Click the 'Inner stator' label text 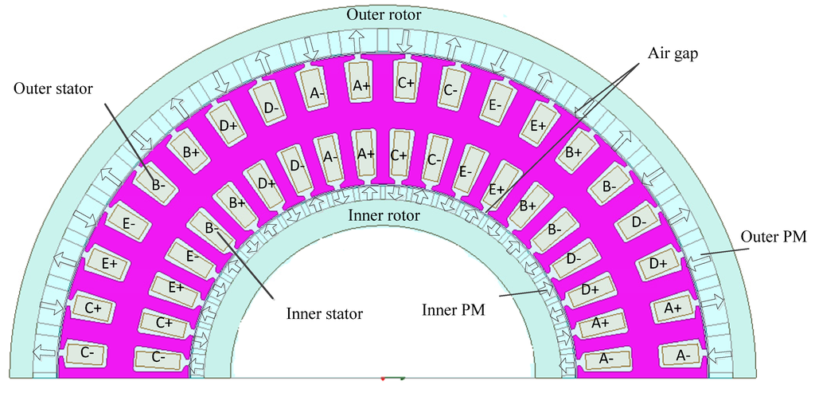click(323, 314)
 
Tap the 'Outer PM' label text click(773, 237)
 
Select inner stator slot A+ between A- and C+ click(365, 153)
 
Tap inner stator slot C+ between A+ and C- click(400, 153)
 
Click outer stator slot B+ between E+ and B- click(573, 151)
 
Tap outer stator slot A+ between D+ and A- click(672, 307)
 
